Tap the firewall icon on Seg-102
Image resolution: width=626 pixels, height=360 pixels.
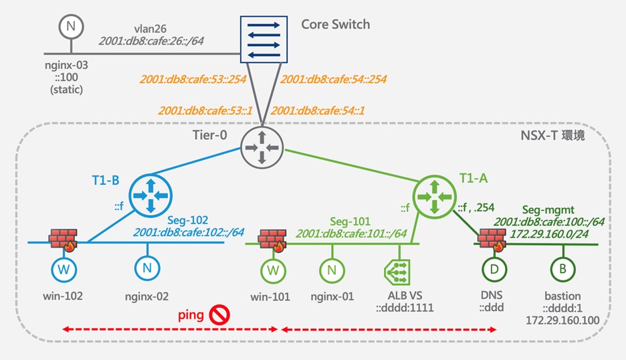tap(65, 239)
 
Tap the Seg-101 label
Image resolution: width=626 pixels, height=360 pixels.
tap(351, 220)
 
